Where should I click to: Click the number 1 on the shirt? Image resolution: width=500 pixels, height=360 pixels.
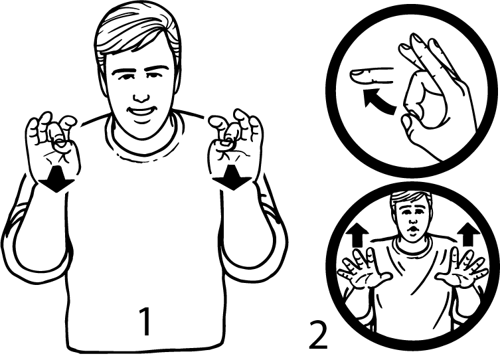(x=145, y=321)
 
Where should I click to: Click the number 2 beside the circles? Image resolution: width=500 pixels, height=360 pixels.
(x=318, y=335)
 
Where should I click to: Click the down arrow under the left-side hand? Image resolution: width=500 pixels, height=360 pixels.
(x=56, y=179)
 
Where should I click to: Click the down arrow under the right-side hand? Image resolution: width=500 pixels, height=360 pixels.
(x=233, y=177)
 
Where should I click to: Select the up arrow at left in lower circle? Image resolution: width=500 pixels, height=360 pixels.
(x=357, y=234)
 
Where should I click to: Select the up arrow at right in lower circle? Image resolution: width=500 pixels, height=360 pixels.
(x=468, y=234)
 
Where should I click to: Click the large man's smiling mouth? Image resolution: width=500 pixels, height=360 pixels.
(x=141, y=112)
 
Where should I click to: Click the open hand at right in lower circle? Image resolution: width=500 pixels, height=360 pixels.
(x=462, y=270)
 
